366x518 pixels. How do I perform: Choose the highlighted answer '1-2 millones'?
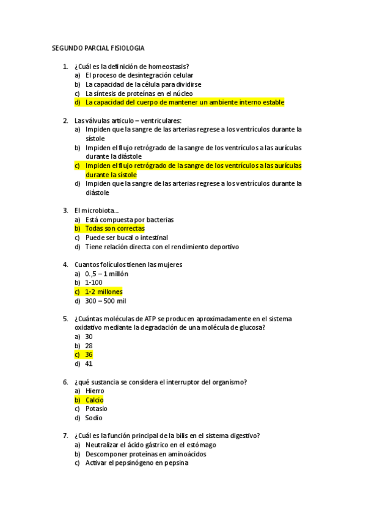(x=104, y=291)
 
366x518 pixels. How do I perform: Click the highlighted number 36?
(x=89, y=354)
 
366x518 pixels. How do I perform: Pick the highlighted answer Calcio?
(x=95, y=399)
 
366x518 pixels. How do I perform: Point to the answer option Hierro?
(x=95, y=390)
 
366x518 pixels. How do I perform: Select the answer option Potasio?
(x=97, y=409)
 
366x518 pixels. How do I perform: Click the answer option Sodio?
(x=94, y=418)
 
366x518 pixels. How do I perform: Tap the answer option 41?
(x=89, y=363)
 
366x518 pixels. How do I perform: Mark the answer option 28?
(x=89, y=345)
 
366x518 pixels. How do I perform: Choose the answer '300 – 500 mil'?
(x=106, y=301)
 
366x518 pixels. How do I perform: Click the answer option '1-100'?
(x=94, y=282)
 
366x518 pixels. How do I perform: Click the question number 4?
(x=65, y=264)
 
